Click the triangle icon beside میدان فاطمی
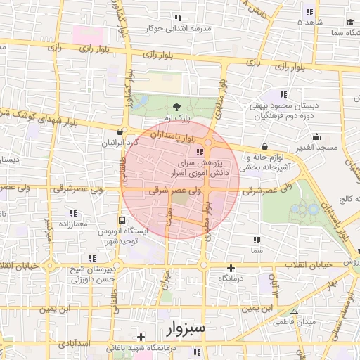point(294,312)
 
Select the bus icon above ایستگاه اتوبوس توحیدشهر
point(123,220)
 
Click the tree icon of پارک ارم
point(174,106)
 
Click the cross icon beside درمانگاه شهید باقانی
point(141,337)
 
